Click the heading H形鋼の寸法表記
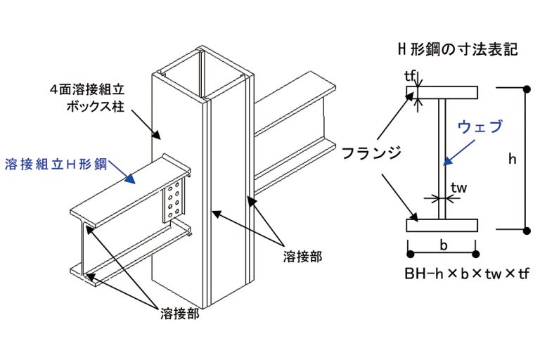point(457,50)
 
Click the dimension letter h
point(512,159)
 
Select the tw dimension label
point(459,188)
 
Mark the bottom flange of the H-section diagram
point(444,225)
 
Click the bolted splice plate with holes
point(175,199)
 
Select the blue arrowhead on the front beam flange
point(129,179)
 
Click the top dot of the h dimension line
point(527,88)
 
